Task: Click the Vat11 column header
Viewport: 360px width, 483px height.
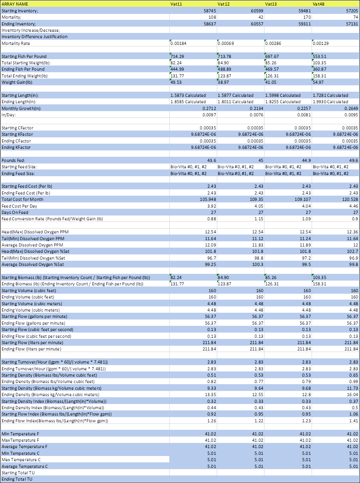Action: point(176,4)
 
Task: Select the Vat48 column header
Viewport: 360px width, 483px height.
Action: point(319,4)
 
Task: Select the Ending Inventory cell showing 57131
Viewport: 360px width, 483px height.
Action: point(350,24)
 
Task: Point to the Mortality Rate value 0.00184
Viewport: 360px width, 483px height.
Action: point(178,43)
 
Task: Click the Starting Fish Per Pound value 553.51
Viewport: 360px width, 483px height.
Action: point(320,56)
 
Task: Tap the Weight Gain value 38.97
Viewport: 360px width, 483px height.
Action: point(225,82)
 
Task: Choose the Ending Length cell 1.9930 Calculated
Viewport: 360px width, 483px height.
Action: point(330,102)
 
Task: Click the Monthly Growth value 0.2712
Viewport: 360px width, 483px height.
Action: point(209,108)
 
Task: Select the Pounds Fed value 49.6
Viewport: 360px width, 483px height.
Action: point(353,160)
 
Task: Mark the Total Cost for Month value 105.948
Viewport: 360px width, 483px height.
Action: point(206,199)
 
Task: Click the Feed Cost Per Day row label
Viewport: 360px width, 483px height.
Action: point(19,206)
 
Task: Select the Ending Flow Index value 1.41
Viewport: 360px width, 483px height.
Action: point(353,421)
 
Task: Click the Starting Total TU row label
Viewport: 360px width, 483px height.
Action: point(17,473)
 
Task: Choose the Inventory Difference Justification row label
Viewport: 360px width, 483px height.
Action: point(34,37)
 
